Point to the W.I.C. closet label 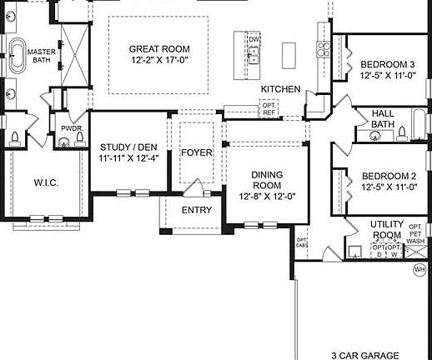(45, 182)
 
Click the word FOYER (197, 152)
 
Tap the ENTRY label (197, 210)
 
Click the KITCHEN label (279, 88)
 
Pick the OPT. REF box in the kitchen (269, 107)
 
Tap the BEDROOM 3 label (388, 65)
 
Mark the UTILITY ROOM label (387, 230)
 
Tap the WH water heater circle (419, 269)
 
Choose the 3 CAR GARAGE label (365, 354)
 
